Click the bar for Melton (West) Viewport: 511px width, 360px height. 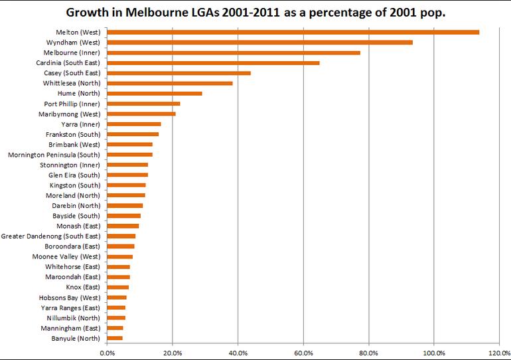[x=292, y=32]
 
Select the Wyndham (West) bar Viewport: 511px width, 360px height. [x=259, y=42]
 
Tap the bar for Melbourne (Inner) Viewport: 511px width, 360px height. [x=233, y=52]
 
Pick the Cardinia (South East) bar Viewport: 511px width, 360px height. [x=212, y=62]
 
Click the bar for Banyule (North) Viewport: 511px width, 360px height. [x=114, y=338]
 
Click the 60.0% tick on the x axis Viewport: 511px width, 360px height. [x=303, y=352]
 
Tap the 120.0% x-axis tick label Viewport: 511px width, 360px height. [x=499, y=352]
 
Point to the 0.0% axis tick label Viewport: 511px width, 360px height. [x=106, y=352]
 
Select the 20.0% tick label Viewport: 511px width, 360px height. [x=172, y=352]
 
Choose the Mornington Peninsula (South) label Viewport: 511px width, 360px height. [x=54, y=155]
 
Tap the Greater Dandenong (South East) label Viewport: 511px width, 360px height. [x=51, y=236]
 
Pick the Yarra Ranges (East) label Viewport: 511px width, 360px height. [x=70, y=308]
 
